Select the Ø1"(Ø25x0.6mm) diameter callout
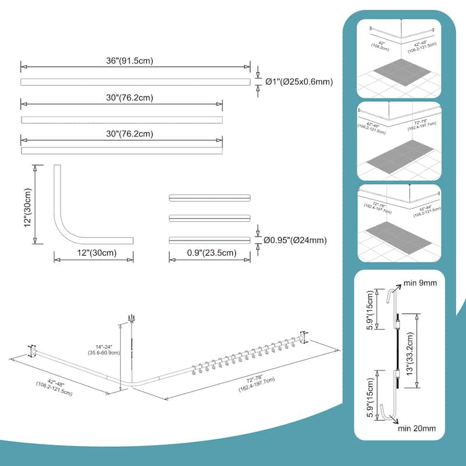point(299,82)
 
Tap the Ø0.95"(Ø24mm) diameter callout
point(295,239)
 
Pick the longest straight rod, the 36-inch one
point(135,82)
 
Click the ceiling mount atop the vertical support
point(130,319)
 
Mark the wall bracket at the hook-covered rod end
point(303,337)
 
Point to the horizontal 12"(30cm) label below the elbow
point(93,253)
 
